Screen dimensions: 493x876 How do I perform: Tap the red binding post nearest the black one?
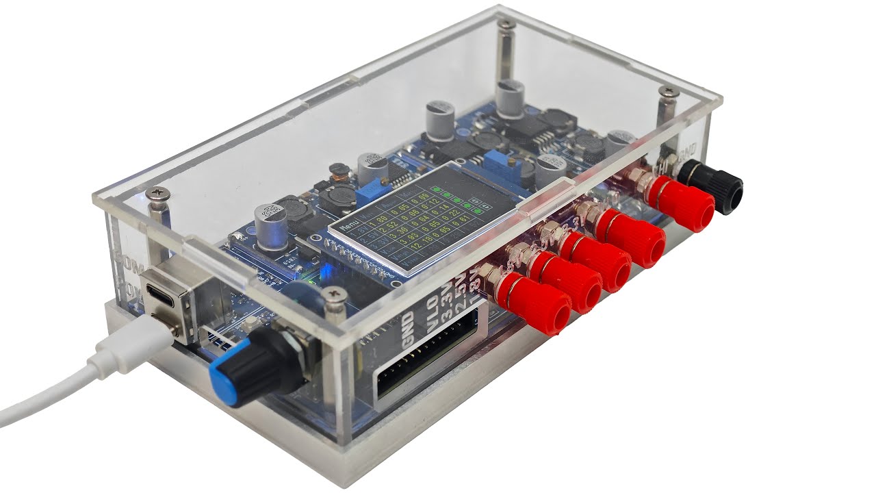point(681,203)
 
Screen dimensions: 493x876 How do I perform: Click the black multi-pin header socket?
point(424,366)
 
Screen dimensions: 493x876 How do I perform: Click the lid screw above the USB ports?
point(158,195)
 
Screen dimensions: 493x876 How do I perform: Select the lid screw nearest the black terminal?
point(667,92)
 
